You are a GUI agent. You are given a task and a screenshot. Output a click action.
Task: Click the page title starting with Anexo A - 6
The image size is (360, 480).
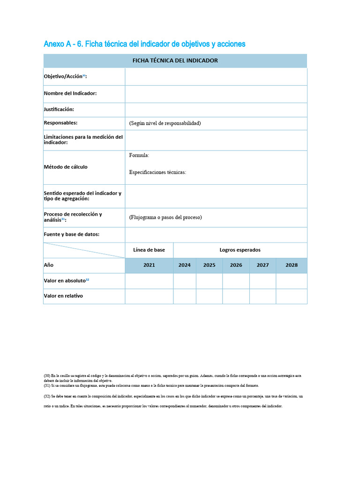(144, 44)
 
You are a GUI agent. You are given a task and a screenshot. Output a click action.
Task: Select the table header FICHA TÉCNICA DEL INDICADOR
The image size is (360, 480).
(175, 60)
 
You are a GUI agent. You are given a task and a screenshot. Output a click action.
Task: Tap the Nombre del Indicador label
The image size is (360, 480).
(70, 93)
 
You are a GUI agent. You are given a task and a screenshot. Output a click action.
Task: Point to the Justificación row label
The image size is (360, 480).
(59, 109)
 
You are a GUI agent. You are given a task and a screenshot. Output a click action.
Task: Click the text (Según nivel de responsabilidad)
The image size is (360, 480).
(165, 123)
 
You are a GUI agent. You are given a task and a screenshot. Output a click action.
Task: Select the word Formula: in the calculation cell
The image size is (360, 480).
(139, 155)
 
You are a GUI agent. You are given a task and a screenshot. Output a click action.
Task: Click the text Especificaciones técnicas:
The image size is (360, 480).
(157, 172)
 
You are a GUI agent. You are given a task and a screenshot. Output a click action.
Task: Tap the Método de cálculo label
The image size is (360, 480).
(66, 167)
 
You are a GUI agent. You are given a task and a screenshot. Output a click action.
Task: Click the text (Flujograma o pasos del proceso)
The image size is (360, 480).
(165, 217)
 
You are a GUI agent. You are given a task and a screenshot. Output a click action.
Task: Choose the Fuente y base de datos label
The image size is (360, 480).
(72, 234)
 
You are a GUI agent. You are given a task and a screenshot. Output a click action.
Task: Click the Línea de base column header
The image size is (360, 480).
(149, 250)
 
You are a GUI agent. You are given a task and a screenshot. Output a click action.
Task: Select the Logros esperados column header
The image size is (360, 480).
(240, 250)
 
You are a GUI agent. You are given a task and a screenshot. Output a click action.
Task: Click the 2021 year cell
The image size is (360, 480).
(149, 265)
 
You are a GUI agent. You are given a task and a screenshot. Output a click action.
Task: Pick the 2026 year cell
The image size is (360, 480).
(236, 265)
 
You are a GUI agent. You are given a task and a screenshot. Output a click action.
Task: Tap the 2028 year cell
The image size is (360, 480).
(292, 265)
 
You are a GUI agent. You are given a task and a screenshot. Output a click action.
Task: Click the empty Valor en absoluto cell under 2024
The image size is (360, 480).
(185, 281)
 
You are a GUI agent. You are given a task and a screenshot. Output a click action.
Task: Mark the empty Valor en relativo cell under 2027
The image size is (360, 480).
(262, 296)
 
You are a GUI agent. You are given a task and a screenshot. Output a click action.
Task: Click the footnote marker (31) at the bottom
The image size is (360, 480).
(47, 385)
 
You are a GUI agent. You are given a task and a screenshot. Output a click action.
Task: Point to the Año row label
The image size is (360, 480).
(49, 265)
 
